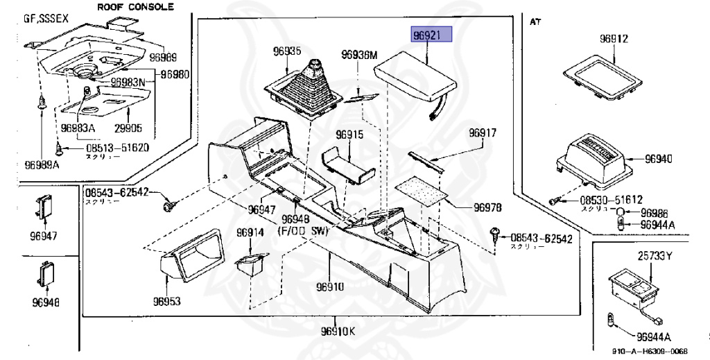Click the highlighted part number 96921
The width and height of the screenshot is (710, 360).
point(432,35)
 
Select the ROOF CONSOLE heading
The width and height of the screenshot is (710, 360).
point(135,8)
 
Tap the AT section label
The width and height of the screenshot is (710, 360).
point(535,22)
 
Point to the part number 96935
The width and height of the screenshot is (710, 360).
point(286,51)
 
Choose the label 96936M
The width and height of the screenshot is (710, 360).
point(358,55)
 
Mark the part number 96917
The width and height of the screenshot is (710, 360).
point(483,132)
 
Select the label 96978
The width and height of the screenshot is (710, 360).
point(488,207)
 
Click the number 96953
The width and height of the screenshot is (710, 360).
point(167,302)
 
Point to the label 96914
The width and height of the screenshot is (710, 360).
point(250,232)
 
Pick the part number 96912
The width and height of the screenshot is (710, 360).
point(614,40)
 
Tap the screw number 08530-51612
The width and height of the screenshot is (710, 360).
point(601,200)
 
